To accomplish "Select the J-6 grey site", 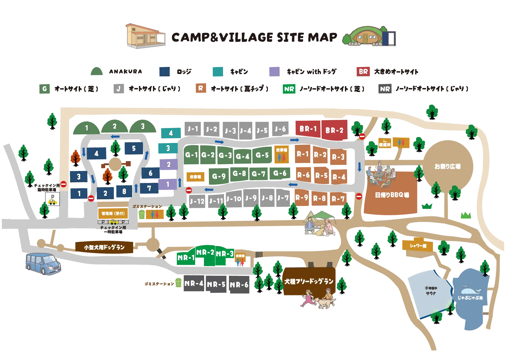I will point(280,129).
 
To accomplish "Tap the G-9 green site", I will point(219,176).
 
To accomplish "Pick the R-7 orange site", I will point(338,199).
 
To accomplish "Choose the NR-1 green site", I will point(186,258).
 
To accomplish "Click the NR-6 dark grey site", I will point(239,285).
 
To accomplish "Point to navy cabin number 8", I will point(124,192).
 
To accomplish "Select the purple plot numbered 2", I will point(169,165).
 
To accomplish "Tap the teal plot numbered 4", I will point(171,133).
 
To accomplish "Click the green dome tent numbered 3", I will point(143,127).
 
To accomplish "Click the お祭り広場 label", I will point(447,166).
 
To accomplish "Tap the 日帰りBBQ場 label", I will point(392,195).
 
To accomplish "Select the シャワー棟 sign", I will point(418,246).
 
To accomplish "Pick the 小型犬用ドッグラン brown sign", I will point(104,247).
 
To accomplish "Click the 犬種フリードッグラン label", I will point(309,281).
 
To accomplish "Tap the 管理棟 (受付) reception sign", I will point(113,213).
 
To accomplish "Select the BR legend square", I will point(363,72).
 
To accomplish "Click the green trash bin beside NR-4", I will point(178,283).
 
